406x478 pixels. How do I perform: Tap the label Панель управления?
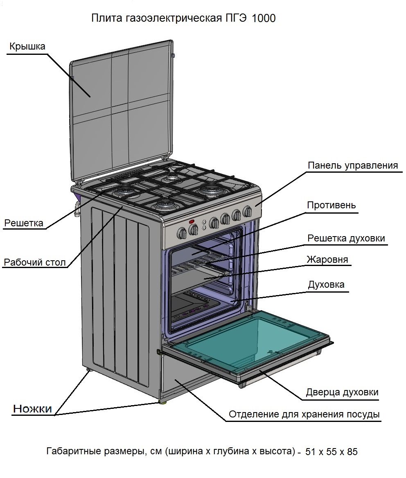[352, 166]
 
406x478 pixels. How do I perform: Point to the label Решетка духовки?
[346, 238]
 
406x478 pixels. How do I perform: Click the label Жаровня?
[327, 259]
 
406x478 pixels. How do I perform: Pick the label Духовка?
[326, 284]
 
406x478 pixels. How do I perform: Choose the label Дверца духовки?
[342, 392]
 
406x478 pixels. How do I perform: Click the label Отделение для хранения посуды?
[304, 414]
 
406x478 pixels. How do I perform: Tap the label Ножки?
[33, 408]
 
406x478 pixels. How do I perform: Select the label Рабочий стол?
[34, 262]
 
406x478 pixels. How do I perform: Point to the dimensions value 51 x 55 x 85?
[332, 452]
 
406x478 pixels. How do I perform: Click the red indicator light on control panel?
[191, 221]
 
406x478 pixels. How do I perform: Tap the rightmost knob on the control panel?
[247, 211]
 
